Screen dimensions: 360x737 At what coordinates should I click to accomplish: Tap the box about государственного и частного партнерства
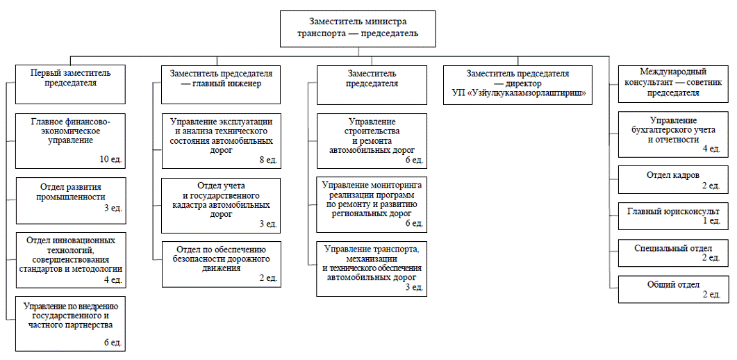click(70, 322)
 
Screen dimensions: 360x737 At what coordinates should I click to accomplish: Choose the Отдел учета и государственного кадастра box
click(221, 205)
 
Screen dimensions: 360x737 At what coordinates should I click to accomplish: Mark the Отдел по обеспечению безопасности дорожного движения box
click(221, 263)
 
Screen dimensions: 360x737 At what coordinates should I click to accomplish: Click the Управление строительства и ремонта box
click(372, 141)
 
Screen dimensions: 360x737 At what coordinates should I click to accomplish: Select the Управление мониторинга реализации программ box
click(372, 204)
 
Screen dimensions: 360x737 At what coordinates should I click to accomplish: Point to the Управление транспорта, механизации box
click(372, 268)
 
